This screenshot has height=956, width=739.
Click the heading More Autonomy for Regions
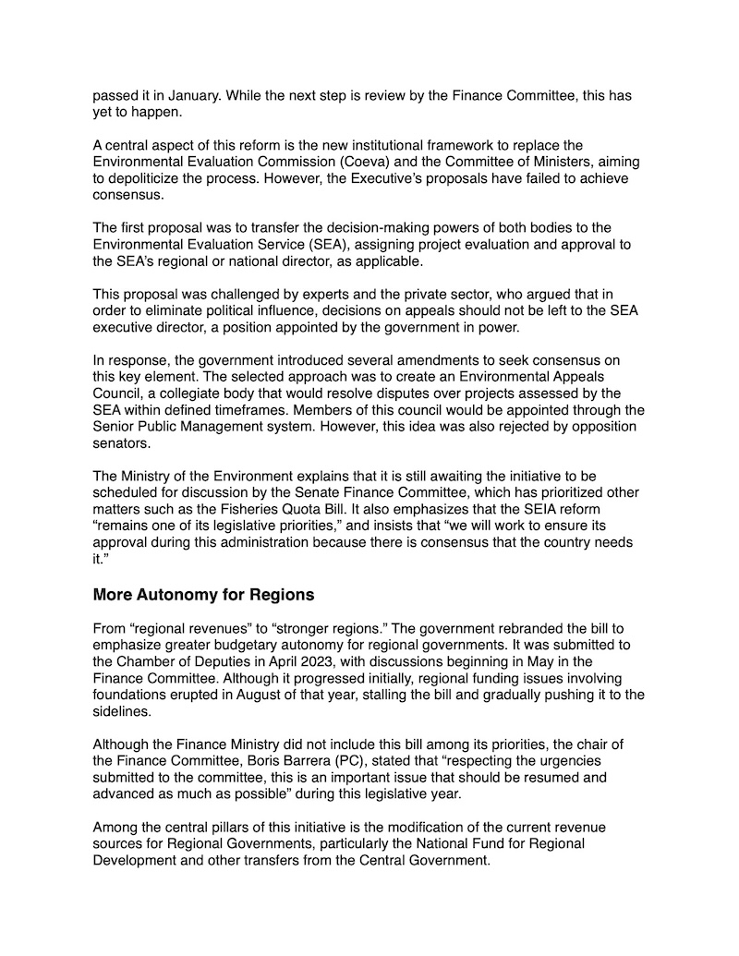point(203,595)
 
